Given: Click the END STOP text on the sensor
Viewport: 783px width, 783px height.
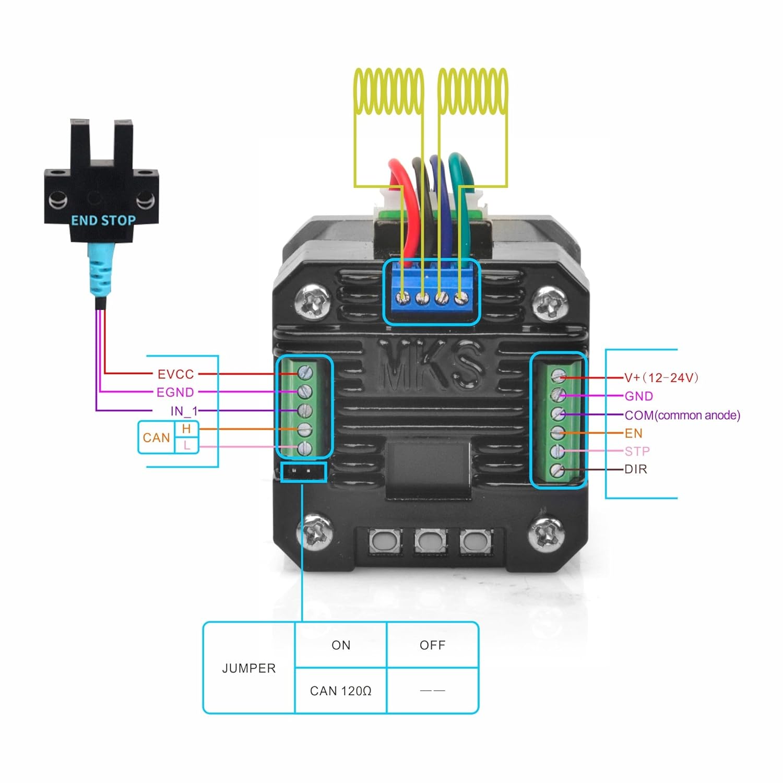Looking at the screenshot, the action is click(x=103, y=220).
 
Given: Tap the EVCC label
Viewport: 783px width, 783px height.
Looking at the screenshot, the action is click(x=176, y=374).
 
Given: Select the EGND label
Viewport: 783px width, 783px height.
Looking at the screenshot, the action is click(x=175, y=393).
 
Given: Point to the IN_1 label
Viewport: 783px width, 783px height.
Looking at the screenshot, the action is click(x=184, y=411).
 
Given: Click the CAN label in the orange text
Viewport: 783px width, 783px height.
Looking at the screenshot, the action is click(x=157, y=437).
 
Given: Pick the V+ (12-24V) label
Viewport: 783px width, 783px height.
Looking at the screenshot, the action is click(x=661, y=377).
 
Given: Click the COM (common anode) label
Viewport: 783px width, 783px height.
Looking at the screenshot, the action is click(x=682, y=416).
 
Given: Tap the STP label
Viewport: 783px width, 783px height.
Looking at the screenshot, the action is click(x=637, y=451).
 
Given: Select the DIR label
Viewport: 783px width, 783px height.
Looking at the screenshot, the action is click(x=636, y=469).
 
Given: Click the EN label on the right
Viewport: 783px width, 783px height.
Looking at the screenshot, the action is click(x=634, y=433).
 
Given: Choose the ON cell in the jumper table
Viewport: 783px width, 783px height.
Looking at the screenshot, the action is click(x=341, y=645).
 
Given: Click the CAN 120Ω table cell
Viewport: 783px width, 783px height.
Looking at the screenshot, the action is click(x=341, y=691).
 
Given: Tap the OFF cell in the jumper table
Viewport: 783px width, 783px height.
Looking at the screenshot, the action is click(x=433, y=645).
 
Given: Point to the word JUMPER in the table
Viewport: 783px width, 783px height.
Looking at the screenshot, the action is click(x=249, y=668).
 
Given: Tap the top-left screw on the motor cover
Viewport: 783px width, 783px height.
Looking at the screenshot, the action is click(x=313, y=301).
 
